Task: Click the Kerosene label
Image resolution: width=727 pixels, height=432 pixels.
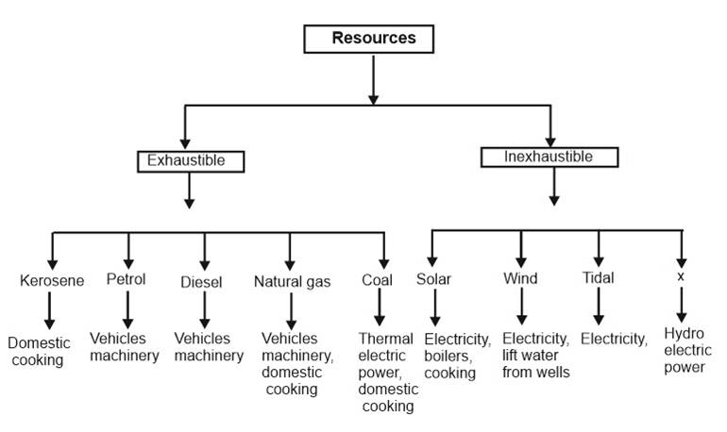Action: point(52,280)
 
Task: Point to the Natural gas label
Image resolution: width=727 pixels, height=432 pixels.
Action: point(292,280)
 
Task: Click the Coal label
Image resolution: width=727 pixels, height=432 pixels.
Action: point(377,280)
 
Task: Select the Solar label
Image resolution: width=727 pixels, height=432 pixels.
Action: point(433,279)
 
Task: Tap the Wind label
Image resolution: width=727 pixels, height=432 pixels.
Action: point(520,279)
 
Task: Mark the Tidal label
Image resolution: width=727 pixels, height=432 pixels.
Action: point(598,278)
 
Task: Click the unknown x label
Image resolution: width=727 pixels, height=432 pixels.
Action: point(680,278)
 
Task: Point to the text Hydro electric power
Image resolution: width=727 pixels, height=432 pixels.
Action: point(685,350)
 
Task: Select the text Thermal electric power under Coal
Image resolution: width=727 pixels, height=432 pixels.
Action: point(386,355)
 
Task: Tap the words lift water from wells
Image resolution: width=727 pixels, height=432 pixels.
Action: point(536,363)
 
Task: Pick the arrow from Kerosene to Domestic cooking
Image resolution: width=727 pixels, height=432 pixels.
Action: point(52,309)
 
